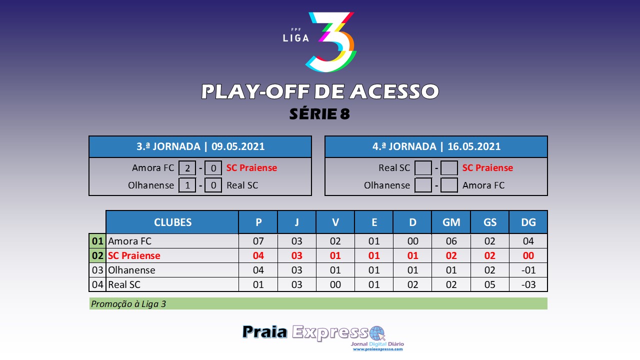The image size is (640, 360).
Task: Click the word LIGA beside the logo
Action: [296, 38]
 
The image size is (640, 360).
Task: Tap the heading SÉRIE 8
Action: [319, 113]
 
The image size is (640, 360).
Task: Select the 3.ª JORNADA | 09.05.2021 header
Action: [200, 146]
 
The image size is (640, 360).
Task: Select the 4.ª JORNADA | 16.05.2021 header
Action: [436, 146]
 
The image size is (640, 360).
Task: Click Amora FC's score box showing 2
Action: [187, 167]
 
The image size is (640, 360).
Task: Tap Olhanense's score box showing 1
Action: [187, 185]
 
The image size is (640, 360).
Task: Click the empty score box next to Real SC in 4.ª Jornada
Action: [423, 167]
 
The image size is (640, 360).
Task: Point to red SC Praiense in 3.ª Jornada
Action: [251, 167]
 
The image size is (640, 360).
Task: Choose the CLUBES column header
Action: [172, 222]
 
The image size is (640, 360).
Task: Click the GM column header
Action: [451, 222]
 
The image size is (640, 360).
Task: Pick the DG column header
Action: [528, 222]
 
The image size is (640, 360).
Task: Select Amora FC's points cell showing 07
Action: [258, 241]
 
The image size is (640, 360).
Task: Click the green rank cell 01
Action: [97, 241]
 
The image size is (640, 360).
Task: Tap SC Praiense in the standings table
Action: [134, 255]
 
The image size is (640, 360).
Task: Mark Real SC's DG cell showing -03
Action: [528, 284]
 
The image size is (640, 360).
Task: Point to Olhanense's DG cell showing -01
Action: [528, 270]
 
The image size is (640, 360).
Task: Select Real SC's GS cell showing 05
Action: [489, 284]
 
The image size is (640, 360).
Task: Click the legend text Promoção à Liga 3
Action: [128, 303]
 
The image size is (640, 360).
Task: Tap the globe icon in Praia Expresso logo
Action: [377, 333]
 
